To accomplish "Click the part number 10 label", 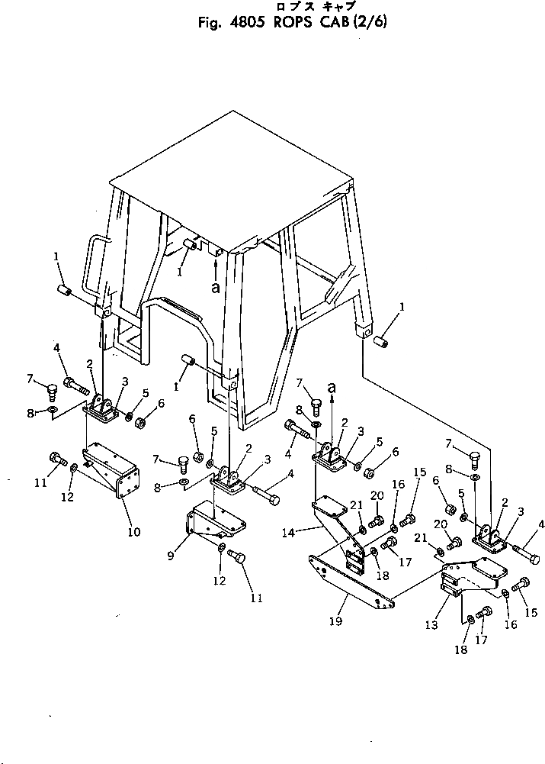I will pyautogui.click(x=134, y=532).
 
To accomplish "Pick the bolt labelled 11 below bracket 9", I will pyautogui.click(x=237, y=559).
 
